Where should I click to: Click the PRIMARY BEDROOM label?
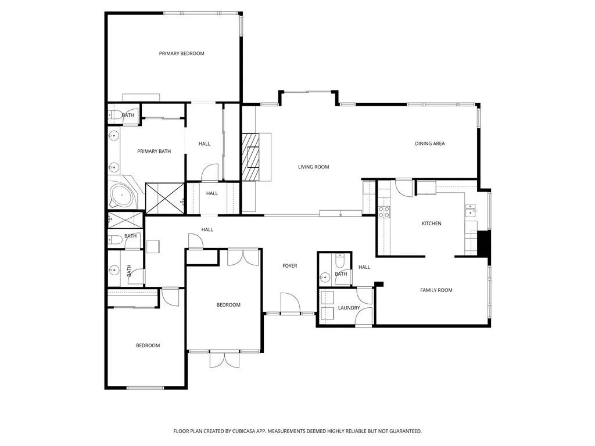(182, 53)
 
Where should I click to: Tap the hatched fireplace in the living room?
(252, 157)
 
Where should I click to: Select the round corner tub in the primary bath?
(121, 196)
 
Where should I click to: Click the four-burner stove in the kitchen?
(384, 212)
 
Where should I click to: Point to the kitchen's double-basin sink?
(470, 209)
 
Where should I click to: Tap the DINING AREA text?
(430, 143)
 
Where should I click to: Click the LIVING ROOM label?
(314, 167)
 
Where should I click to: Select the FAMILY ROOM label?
(436, 290)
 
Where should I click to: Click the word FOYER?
(289, 266)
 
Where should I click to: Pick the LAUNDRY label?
(349, 308)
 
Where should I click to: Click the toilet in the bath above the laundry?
(340, 258)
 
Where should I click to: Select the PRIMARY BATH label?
(154, 152)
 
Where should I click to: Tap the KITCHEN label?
(431, 224)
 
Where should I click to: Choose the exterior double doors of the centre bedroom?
(224, 359)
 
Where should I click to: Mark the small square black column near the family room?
(379, 284)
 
